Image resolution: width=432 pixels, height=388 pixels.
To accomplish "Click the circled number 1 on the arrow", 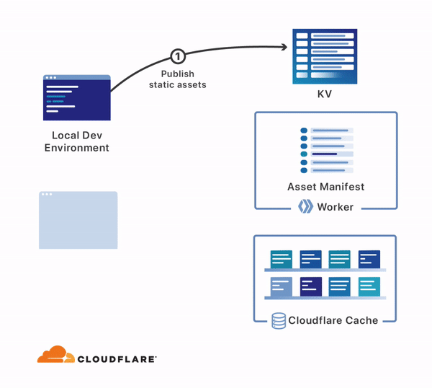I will point(177,56).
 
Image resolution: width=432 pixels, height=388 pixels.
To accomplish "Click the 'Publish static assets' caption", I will point(177,79).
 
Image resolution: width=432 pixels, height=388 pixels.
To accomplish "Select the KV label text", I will point(325,94).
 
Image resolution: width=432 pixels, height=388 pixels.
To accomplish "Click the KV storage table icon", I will point(325,55).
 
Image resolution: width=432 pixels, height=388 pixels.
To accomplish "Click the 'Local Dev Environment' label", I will point(77,141).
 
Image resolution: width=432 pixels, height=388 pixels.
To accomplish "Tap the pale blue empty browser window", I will point(78,220).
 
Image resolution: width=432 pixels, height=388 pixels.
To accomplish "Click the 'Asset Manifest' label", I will point(325,187).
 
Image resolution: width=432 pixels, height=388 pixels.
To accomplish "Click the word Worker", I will point(336,208).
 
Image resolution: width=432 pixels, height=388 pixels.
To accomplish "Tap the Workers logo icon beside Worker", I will point(305,208).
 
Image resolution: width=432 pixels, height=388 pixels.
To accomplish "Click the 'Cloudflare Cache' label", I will point(333,320).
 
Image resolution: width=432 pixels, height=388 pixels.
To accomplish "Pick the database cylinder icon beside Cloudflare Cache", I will point(279,320).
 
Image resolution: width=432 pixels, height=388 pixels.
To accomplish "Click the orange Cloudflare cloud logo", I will point(56,355).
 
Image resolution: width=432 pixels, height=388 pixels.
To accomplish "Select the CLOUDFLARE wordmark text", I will point(117,358).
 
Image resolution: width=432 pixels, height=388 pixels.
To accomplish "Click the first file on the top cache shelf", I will point(282,259).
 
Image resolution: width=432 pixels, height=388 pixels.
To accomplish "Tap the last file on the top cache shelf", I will point(369,259).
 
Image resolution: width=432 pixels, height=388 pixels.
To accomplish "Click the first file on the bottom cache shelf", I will point(282,286).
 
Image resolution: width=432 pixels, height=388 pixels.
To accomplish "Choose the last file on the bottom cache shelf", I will point(369,286).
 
